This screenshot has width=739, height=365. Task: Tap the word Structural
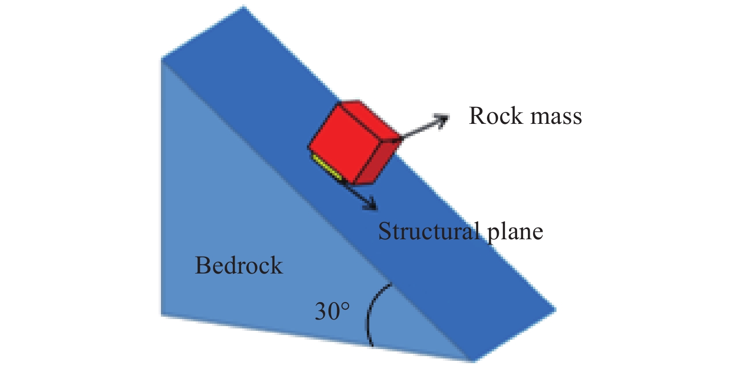[428, 231]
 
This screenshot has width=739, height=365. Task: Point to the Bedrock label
[239, 265]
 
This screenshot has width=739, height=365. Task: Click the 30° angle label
[332, 311]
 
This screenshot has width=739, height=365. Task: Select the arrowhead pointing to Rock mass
[442, 120]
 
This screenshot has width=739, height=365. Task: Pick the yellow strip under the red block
[327, 167]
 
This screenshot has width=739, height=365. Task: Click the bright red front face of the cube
[345, 143]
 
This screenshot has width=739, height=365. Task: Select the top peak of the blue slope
[244, 7]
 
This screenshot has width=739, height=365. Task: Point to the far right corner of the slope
[556, 310]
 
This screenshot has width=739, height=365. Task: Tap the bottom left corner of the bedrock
[161, 315]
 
